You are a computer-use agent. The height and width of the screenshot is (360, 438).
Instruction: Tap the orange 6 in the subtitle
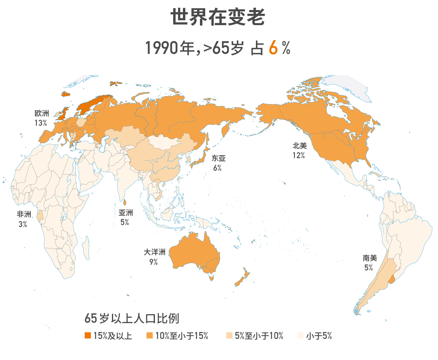coord(274,48)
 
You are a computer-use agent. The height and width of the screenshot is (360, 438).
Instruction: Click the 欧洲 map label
coord(41,114)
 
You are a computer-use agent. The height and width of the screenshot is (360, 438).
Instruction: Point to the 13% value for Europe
coord(41,123)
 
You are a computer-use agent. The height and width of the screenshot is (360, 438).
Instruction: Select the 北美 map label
coord(300,146)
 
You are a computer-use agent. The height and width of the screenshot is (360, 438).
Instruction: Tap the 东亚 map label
coord(218,159)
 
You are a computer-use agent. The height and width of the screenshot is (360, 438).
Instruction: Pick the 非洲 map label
coord(24,214)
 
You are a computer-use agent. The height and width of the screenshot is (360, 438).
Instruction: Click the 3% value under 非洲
coord(23,224)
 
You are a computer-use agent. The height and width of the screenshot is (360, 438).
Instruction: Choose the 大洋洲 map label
coord(155,252)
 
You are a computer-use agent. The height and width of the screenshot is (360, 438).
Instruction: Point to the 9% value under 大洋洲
coord(154,262)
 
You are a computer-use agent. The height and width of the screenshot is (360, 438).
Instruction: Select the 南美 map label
coord(370,258)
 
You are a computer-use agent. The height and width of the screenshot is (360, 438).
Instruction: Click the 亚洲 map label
coord(125,213)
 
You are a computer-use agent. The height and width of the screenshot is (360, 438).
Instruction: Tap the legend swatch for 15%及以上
coord(87,336)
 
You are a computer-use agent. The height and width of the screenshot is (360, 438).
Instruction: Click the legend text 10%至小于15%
coord(182,336)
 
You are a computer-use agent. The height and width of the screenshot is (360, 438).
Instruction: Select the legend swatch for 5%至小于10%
coord(229,336)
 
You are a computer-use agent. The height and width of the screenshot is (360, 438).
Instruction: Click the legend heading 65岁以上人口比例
coord(132,319)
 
